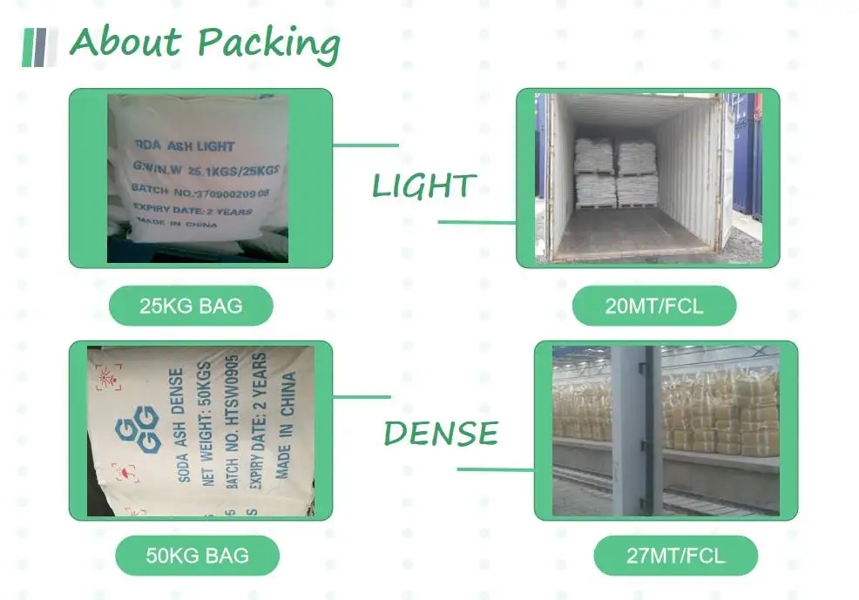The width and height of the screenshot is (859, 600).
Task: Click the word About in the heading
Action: click(x=126, y=41)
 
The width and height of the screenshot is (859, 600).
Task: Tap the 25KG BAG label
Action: click(x=191, y=306)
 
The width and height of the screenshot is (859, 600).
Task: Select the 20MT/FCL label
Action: click(x=653, y=307)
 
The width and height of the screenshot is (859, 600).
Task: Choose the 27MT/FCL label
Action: click(x=675, y=556)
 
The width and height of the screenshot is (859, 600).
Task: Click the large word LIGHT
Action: click(x=423, y=185)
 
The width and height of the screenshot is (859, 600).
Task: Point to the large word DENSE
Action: click(x=441, y=433)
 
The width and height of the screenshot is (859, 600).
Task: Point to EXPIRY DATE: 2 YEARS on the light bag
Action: click(x=192, y=210)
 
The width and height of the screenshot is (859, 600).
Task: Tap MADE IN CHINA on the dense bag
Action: click(x=285, y=424)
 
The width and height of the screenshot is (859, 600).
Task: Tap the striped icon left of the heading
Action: click(x=39, y=46)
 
